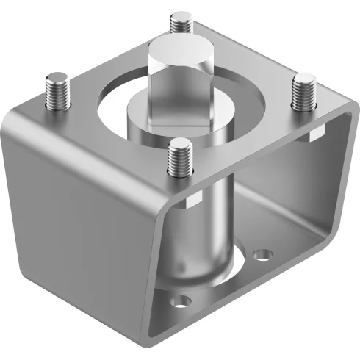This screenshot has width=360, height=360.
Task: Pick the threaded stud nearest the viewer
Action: (x=179, y=157)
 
